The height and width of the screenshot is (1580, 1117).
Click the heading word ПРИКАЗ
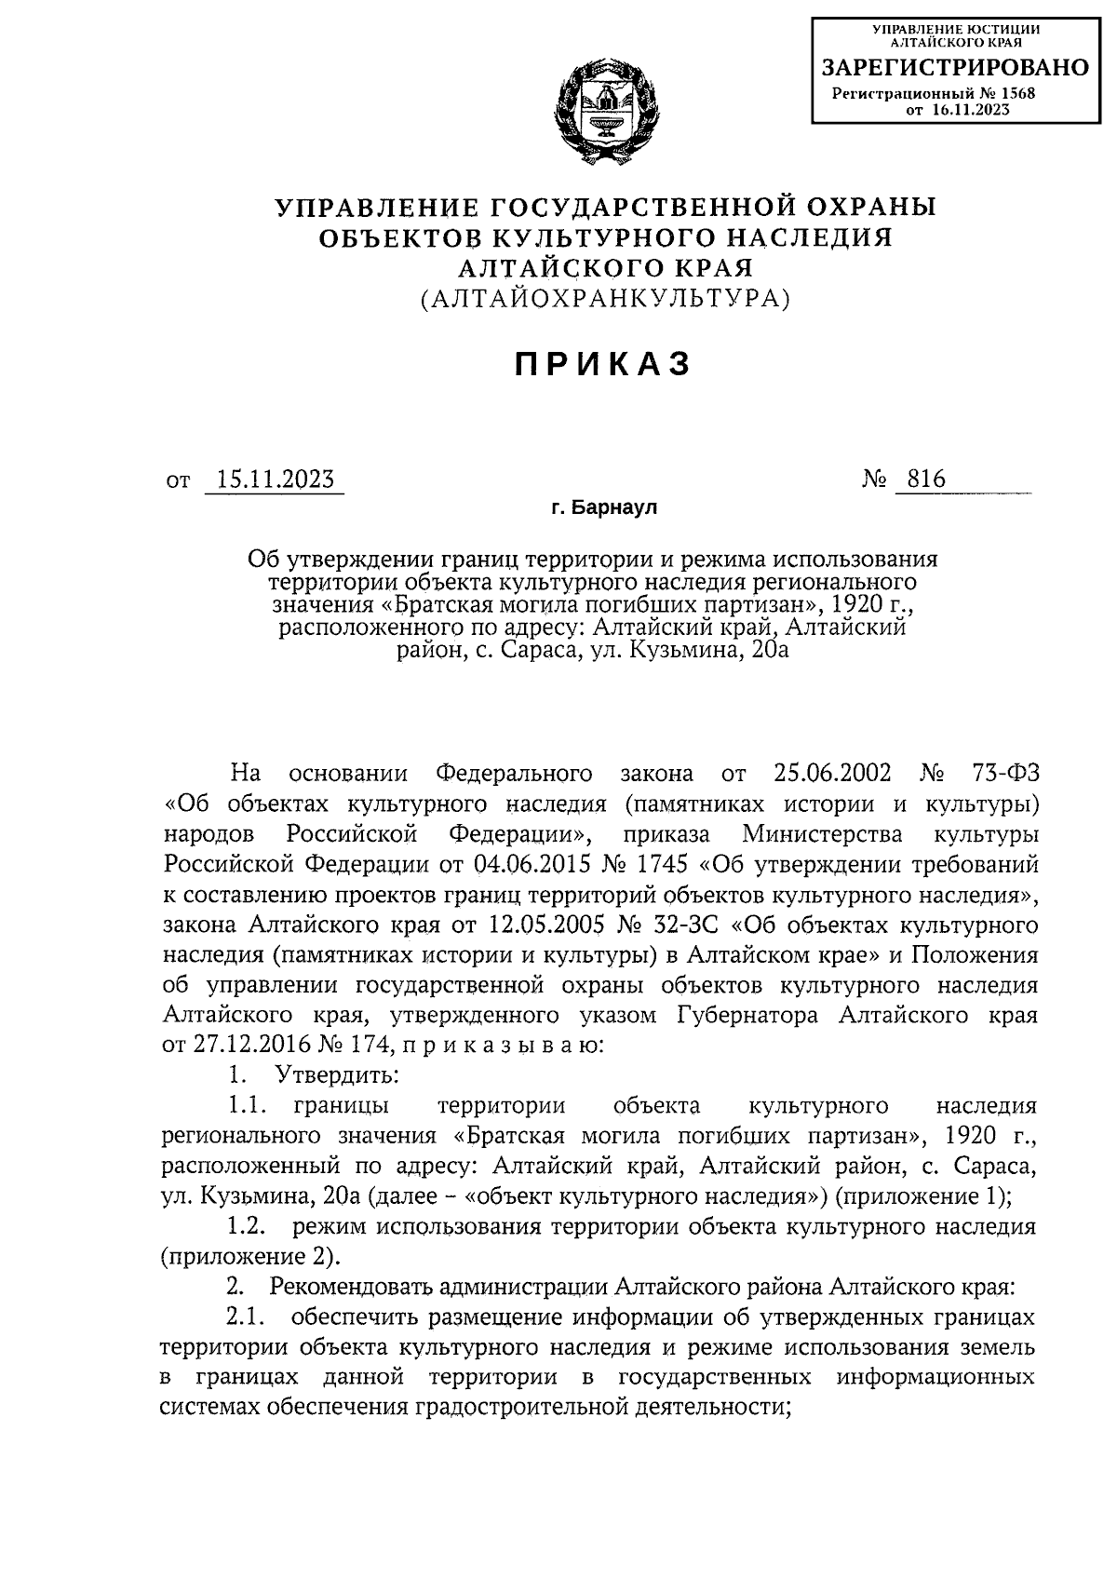(604, 365)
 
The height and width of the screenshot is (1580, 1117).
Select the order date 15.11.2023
(275, 479)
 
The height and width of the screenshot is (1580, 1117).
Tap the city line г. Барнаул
(604, 508)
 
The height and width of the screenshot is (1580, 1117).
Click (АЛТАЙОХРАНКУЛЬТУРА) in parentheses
(604, 299)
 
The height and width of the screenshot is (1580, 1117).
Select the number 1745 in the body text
(656, 864)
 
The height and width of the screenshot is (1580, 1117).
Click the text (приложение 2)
(247, 1257)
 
